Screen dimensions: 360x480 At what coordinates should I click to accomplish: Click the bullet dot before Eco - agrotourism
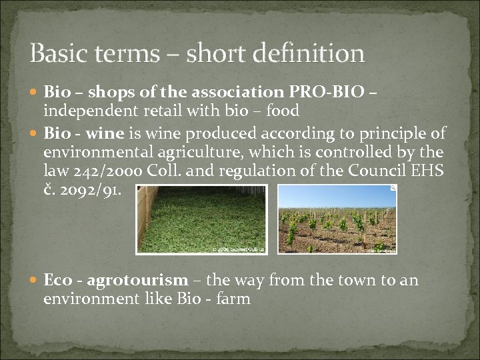(35, 281)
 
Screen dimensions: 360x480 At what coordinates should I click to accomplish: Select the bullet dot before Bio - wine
(35, 134)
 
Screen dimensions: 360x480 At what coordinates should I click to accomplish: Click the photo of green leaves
(201, 219)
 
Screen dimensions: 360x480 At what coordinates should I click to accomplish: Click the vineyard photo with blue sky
(337, 219)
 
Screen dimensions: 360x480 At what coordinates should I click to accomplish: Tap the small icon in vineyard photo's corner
(393, 189)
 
